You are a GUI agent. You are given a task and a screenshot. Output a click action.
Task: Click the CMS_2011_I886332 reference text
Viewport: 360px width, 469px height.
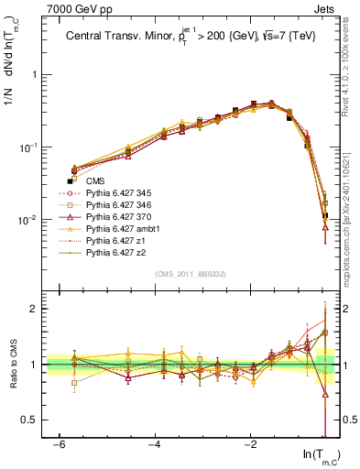(190, 274)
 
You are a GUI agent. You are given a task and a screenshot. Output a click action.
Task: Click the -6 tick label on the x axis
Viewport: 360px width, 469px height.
(59, 445)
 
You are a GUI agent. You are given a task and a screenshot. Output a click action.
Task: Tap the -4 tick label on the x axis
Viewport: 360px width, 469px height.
(155, 445)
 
